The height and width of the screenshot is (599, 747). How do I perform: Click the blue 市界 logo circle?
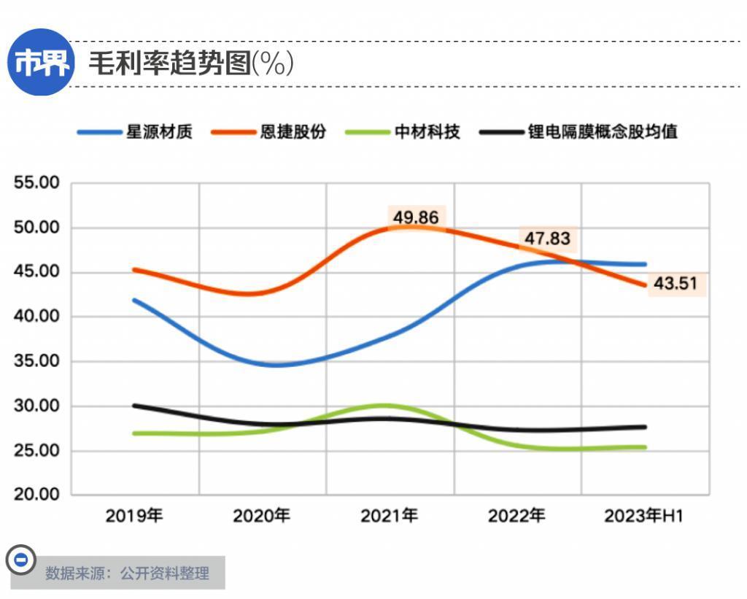pyautogui.click(x=42, y=62)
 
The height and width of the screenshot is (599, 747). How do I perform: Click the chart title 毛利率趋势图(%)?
pyautogui.click(x=191, y=64)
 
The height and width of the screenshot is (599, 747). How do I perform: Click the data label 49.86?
pyautogui.click(x=416, y=217)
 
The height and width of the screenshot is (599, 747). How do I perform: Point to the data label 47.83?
pyautogui.click(x=546, y=239)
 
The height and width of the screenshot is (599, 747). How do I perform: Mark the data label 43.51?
pyautogui.click(x=675, y=284)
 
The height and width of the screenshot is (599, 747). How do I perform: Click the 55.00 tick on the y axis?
pyautogui.click(x=36, y=183)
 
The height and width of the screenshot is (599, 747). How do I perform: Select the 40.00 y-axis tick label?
pyautogui.click(x=36, y=317)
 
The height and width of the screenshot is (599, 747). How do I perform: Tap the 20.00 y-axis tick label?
pyautogui.click(x=36, y=495)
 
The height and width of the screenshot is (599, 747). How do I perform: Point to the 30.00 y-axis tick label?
pyautogui.click(x=36, y=406)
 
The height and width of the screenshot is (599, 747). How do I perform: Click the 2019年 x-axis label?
pyautogui.click(x=134, y=517)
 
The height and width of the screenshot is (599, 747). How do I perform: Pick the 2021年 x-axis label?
pyautogui.click(x=390, y=517)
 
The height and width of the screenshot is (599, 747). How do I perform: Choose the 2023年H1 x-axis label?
pyautogui.click(x=643, y=517)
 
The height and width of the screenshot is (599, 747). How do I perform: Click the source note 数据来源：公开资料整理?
pyautogui.click(x=127, y=573)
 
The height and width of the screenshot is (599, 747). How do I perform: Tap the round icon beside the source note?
pyautogui.click(x=21, y=560)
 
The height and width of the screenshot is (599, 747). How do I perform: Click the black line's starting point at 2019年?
pyautogui.click(x=134, y=406)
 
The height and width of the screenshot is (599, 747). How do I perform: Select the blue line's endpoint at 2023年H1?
pyautogui.click(x=645, y=264)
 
